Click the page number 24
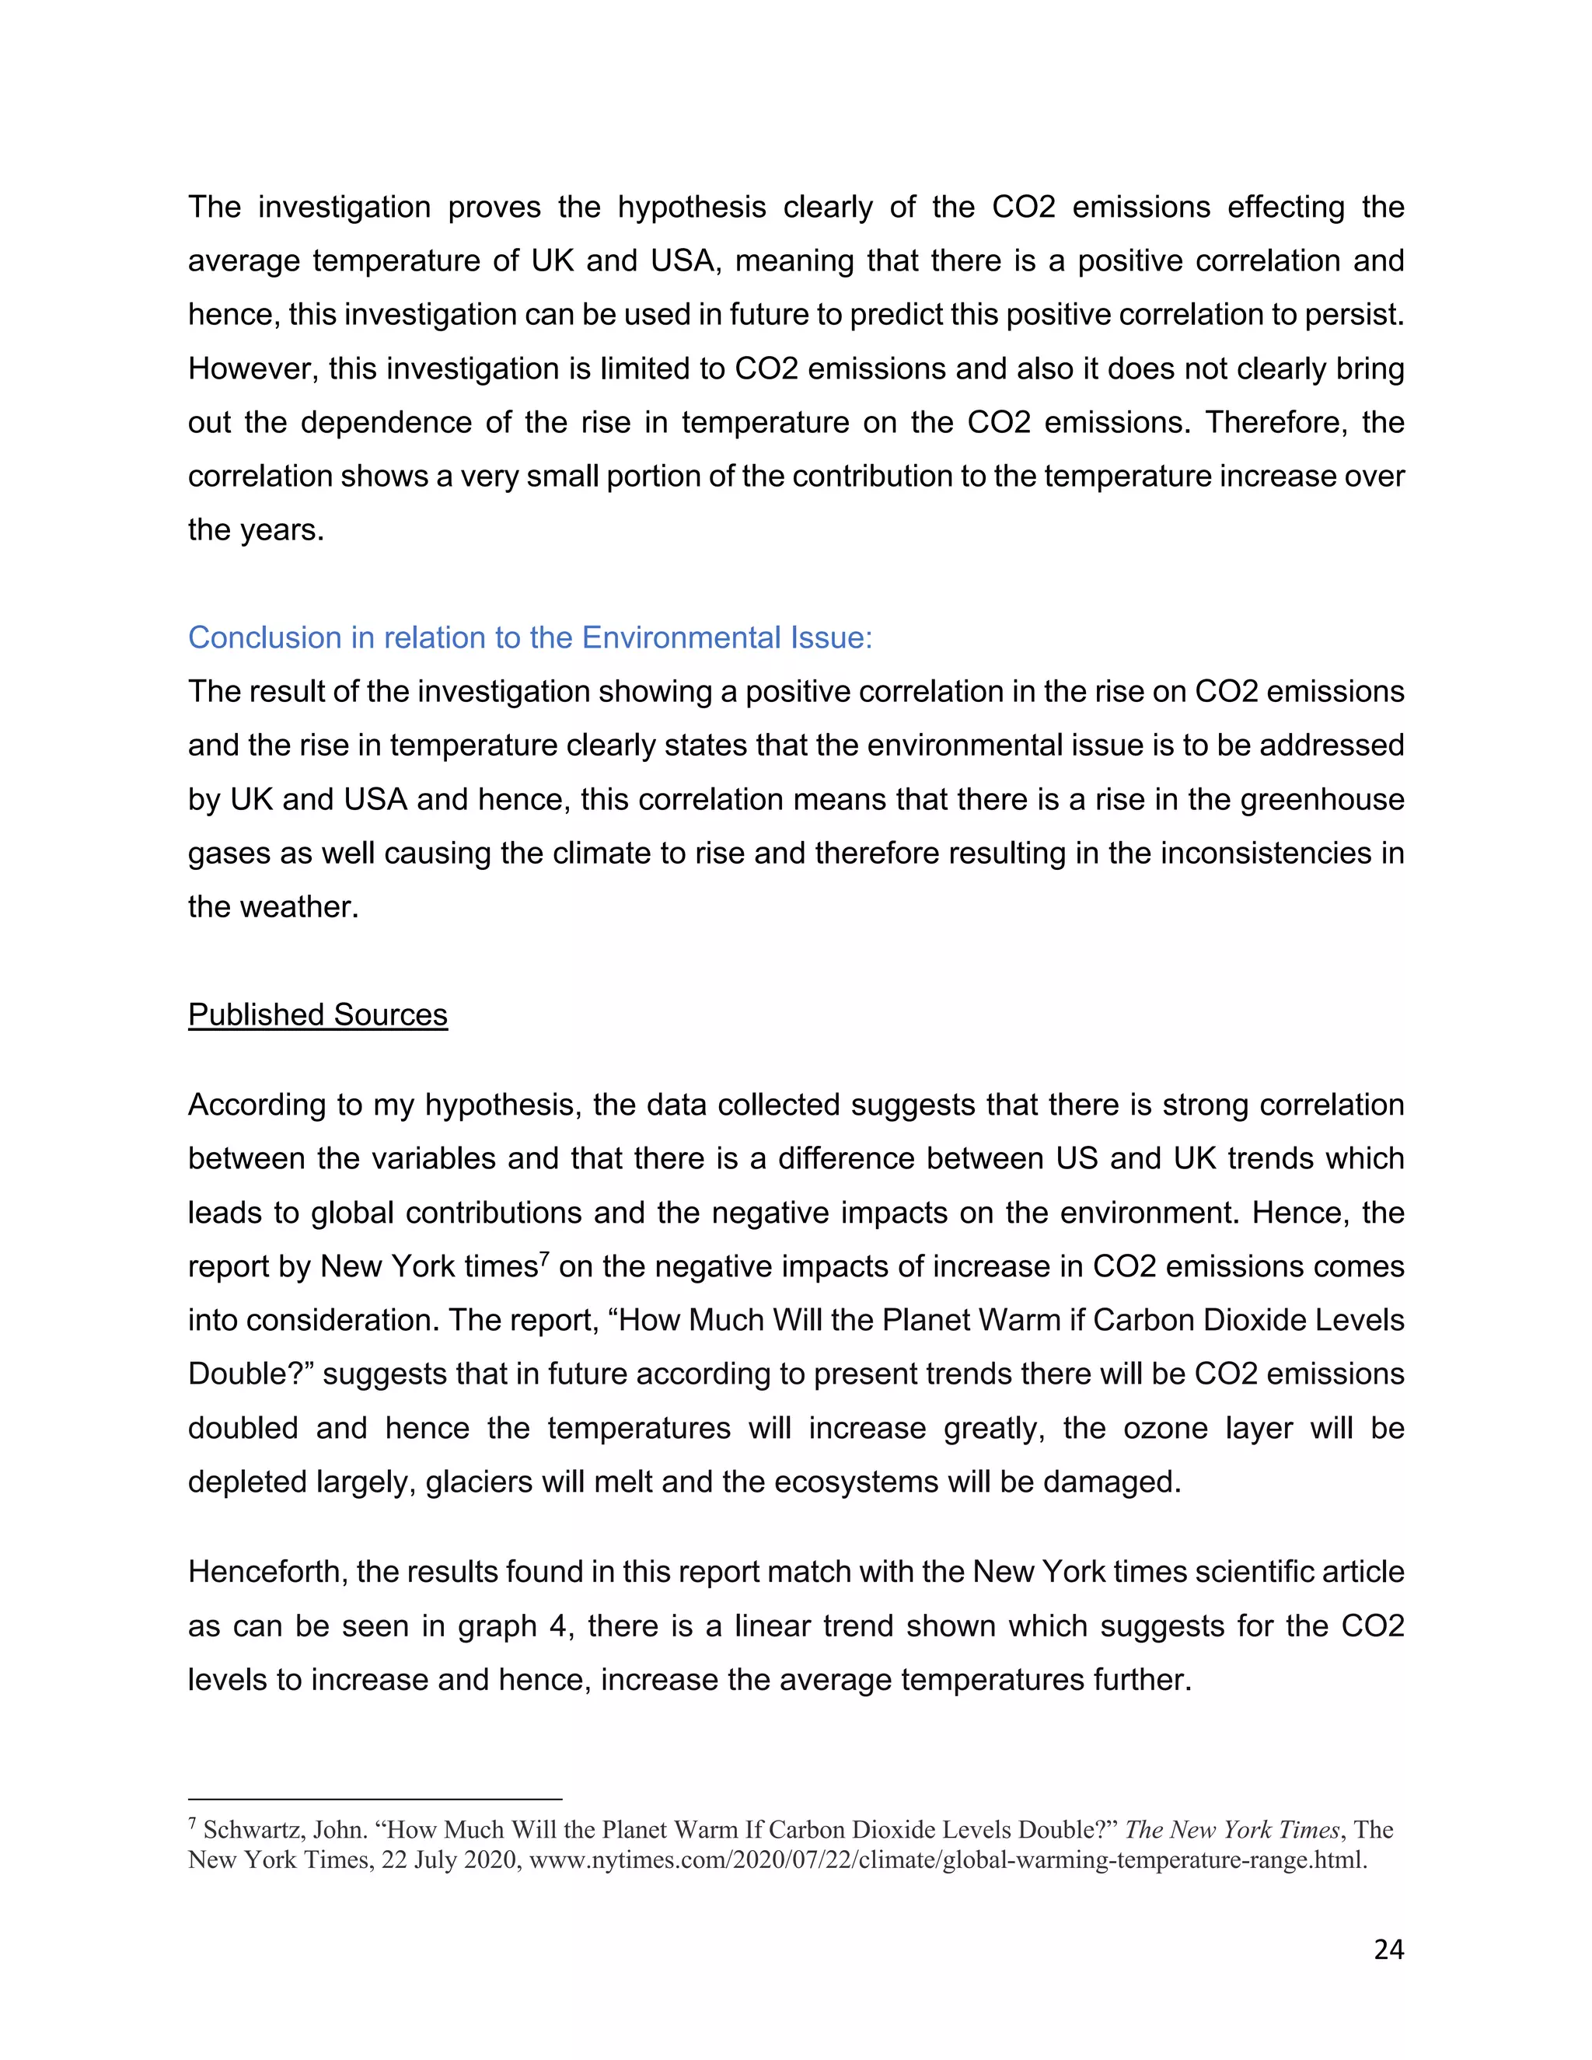pyautogui.click(x=1388, y=1949)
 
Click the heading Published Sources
pyautogui.click(x=318, y=1015)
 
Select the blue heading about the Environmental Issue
pyautogui.click(x=530, y=637)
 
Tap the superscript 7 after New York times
pyautogui.click(x=543, y=1259)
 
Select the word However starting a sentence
pyautogui.click(x=249, y=368)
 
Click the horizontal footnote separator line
pyautogui.click(x=375, y=1799)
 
